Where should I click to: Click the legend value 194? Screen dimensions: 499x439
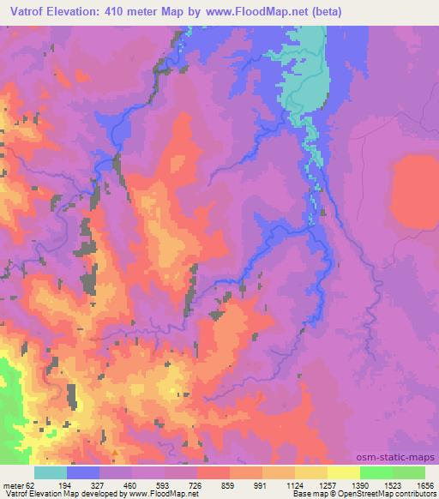pos(66,485)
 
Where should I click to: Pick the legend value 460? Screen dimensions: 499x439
pos(131,485)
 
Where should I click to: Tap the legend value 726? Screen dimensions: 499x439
pos(196,485)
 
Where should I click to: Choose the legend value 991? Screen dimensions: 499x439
pos(262,485)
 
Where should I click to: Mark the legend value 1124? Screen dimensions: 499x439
pos(294,485)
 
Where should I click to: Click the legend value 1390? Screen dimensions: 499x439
pos(359,485)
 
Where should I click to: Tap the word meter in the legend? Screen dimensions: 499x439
pos(13,485)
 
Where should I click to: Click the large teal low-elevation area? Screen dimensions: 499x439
pos(317,77)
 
